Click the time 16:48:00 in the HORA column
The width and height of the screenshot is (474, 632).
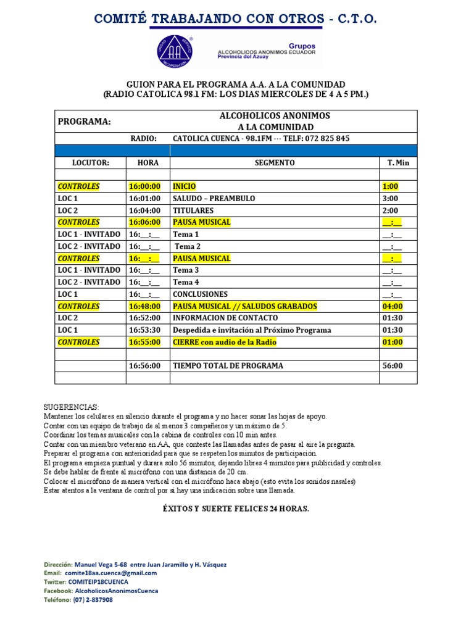coord(144,306)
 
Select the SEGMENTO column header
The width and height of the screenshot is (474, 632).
coord(275,163)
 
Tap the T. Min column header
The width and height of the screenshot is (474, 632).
coord(398,163)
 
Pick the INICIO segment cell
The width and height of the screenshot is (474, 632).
coord(185,186)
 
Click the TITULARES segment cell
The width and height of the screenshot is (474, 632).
coord(193,210)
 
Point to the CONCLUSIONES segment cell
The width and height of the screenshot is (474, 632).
coord(200,294)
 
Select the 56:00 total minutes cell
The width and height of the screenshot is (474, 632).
coord(393,365)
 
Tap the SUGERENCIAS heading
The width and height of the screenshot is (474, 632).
coord(71,408)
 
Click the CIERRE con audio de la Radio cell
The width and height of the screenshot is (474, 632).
coord(225,342)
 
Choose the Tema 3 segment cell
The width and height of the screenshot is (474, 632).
coord(186,270)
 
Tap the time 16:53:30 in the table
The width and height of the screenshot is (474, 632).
coord(144,330)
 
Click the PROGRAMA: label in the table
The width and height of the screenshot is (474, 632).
coord(85,122)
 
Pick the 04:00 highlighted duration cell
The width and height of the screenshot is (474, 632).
coord(393,306)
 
